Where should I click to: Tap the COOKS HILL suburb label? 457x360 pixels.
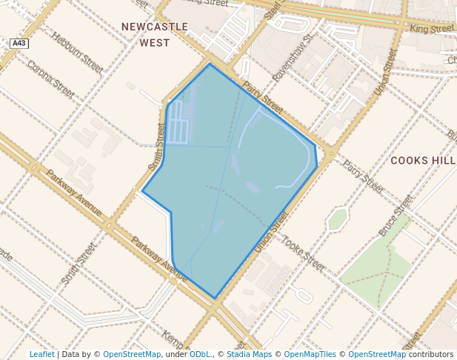click(x=423, y=160)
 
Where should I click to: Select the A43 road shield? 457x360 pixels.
click(x=19, y=44)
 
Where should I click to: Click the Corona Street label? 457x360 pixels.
click(x=50, y=79)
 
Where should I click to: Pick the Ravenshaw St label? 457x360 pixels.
click(x=294, y=56)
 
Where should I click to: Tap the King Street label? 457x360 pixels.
click(x=432, y=29)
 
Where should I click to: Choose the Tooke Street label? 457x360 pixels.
click(x=303, y=253)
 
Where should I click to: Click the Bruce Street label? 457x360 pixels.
click(x=396, y=215)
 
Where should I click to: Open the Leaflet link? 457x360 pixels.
click(x=41, y=354)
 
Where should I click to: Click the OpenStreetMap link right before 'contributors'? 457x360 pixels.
click(x=377, y=354)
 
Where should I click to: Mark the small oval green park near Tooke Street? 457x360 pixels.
click(x=338, y=219)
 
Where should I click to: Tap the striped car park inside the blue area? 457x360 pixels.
click(x=178, y=122)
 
